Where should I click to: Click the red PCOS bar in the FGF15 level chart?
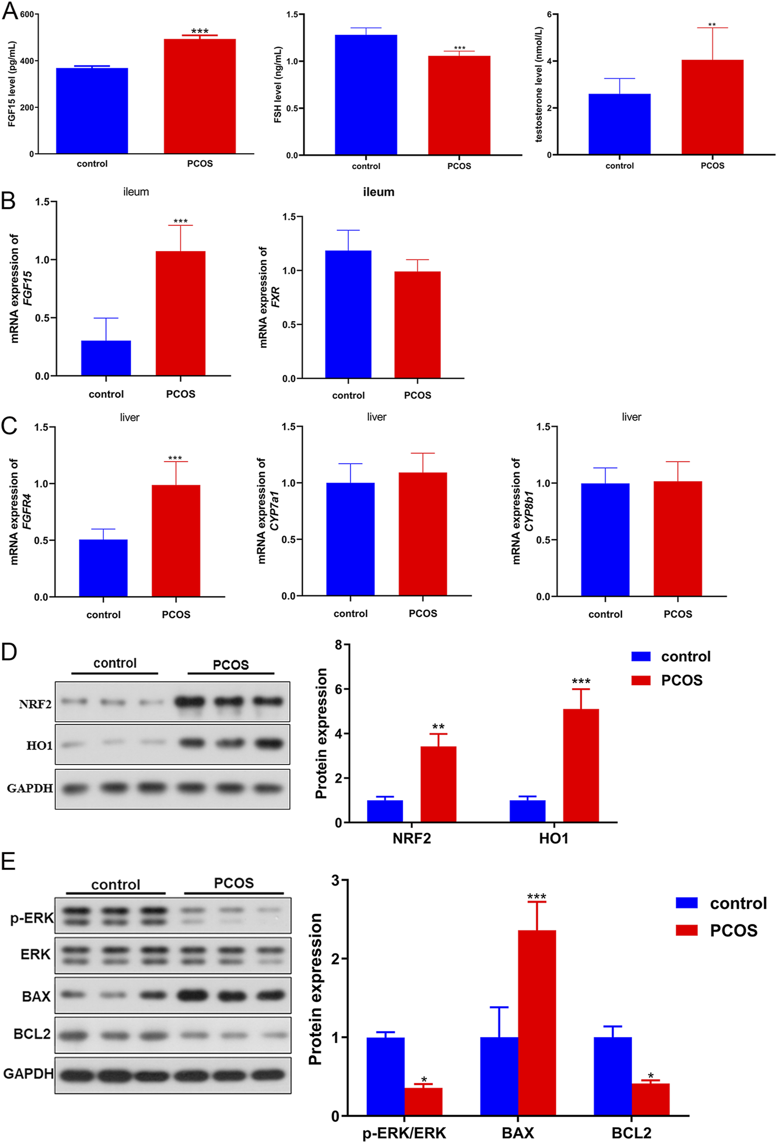(200, 96)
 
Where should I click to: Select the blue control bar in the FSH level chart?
(366, 94)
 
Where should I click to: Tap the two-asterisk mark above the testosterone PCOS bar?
(712, 25)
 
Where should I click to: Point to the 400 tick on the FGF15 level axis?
(27, 61)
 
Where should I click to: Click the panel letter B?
(8, 201)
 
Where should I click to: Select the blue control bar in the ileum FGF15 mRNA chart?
(106, 357)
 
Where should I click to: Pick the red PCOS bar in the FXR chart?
(417, 325)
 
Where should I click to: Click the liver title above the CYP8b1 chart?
(631, 417)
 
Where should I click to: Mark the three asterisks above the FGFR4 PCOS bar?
(175, 458)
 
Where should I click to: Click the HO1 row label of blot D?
(39, 746)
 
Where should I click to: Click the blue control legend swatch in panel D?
(640, 657)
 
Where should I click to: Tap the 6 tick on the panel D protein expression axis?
(339, 689)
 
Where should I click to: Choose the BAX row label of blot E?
(36, 996)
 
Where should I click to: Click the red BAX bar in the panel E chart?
(537, 1022)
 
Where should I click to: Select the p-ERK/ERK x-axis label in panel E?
(404, 1133)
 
